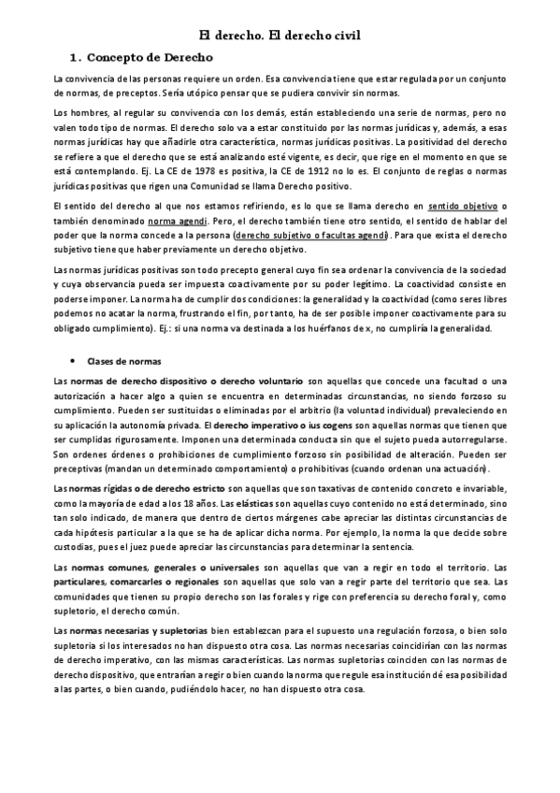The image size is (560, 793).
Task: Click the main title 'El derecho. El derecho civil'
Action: (280, 36)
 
